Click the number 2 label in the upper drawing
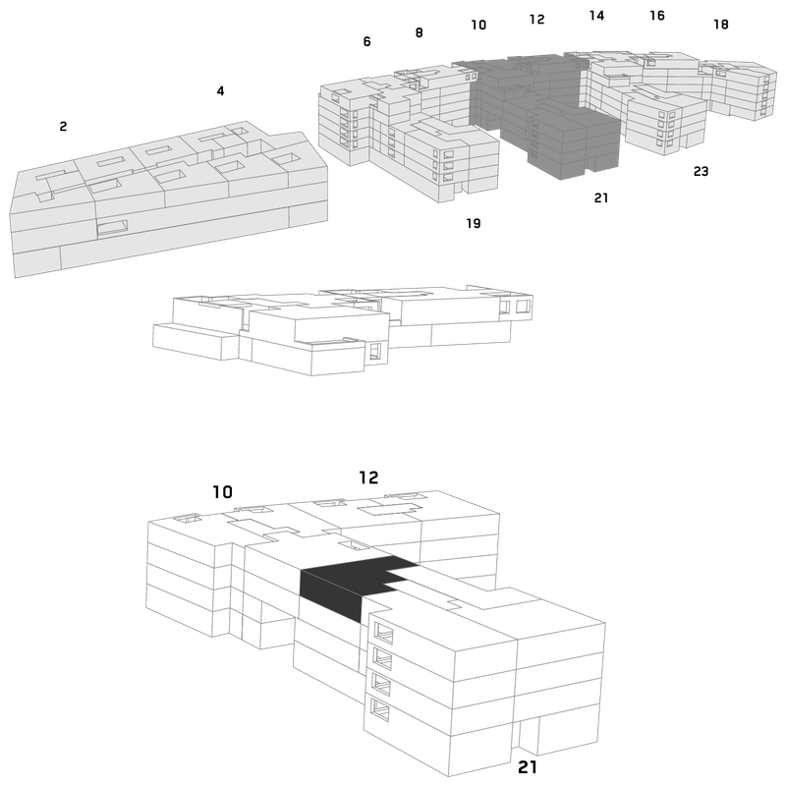(63, 127)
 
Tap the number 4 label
(220, 90)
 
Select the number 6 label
(366, 41)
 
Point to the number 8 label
(420, 32)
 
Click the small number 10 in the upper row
(478, 25)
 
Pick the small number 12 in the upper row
(536, 19)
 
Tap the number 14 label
(596, 16)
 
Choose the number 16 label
(657, 16)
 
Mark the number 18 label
(721, 24)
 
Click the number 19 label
(474, 223)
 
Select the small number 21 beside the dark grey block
(601, 198)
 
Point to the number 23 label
(701, 171)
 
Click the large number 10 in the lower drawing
(223, 492)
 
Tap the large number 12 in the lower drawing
(368, 477)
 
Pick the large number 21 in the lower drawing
(528, 767)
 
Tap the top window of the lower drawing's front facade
(383, 633)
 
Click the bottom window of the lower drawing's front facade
(380, 709)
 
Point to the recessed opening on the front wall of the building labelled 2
(112, 228)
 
